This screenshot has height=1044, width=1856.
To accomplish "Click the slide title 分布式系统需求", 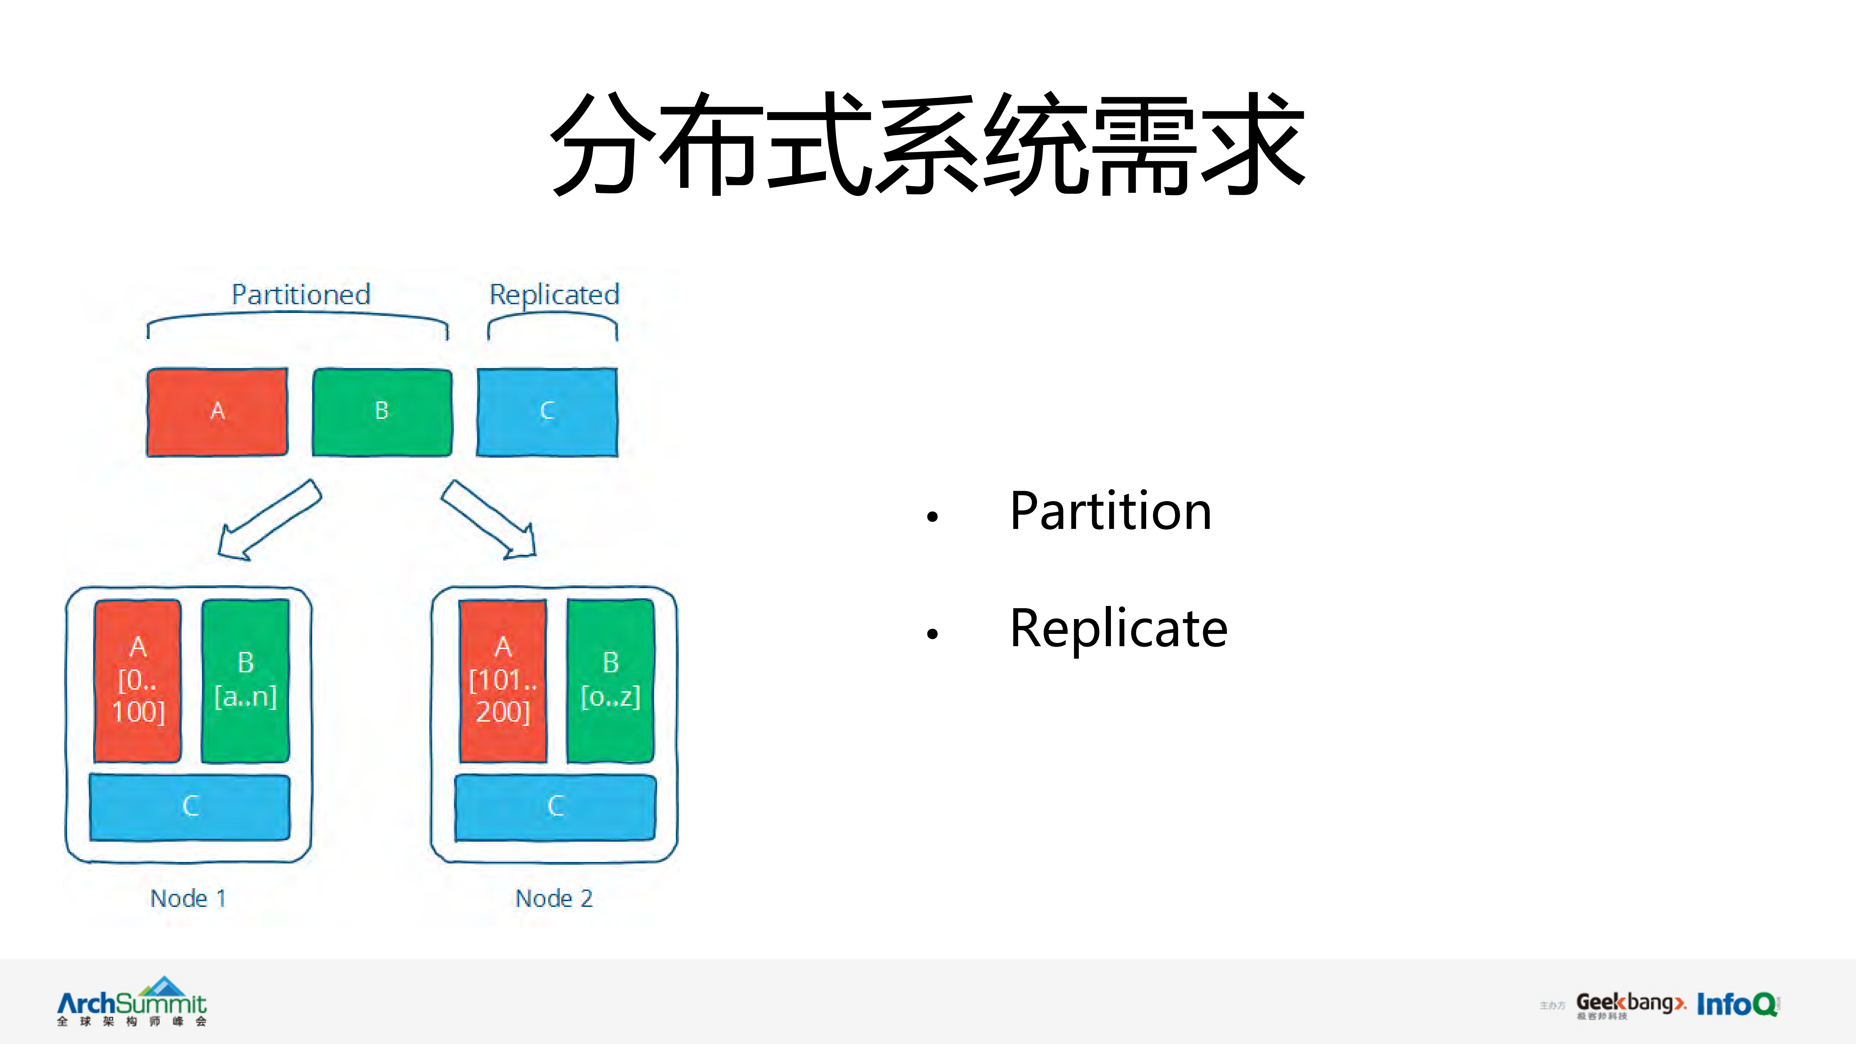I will (928, 144).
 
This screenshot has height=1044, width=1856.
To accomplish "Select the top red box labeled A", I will (217, 412).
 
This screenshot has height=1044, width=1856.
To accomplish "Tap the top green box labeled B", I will (382, 412).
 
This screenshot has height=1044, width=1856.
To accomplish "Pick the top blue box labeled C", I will (547, 412).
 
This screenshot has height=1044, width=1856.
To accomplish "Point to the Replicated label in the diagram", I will (554, 295).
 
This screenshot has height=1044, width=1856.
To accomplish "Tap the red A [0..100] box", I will (138, 680).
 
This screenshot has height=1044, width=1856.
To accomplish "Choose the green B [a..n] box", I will (246, 680).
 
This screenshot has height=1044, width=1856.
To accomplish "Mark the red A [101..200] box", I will (503, 680).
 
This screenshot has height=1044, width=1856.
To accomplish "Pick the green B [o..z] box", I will (610, 680).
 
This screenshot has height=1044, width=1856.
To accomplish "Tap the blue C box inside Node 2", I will (555, 806).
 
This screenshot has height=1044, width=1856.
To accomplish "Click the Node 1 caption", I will (188, 899).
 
